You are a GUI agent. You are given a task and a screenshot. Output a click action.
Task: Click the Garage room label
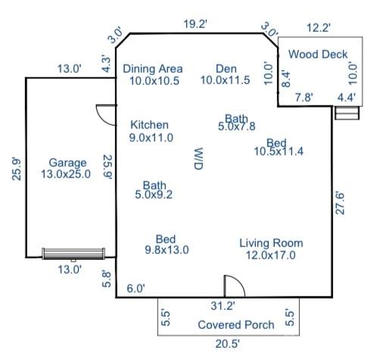[x=67, y=163]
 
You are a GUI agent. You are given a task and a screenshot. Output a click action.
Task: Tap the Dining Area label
[x=153, y=68]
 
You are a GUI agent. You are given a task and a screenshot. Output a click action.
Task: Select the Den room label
[x=225, y=68]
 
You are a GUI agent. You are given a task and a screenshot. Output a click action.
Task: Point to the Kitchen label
[x=150, y=125]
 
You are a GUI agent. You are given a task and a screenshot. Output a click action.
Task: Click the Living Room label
[x=271, y=243]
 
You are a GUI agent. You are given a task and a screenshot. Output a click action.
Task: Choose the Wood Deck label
[x=318, y=55]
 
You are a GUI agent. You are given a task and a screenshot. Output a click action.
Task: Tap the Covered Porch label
[x=235, y=325]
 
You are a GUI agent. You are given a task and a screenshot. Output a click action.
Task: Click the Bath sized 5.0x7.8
[x=236, y=119]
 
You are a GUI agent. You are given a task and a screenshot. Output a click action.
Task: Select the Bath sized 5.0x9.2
[x=154, y=185]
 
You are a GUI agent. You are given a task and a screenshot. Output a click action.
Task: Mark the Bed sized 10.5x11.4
[x=276, y=143]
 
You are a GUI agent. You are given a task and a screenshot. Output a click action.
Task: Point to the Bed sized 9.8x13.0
[x=166, y=239]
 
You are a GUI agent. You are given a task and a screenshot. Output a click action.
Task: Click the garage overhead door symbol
[x=73, y=253]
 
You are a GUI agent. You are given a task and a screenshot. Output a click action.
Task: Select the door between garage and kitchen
[x=107, y=114]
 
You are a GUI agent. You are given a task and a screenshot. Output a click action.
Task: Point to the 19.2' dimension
[x=195, y=24]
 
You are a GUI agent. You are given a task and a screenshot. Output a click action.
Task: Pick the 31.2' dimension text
[x=223, y=306]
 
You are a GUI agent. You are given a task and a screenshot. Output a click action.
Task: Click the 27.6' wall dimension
[x=341, y=203]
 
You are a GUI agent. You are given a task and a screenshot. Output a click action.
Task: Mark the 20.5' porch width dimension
[x=228, y=343]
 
